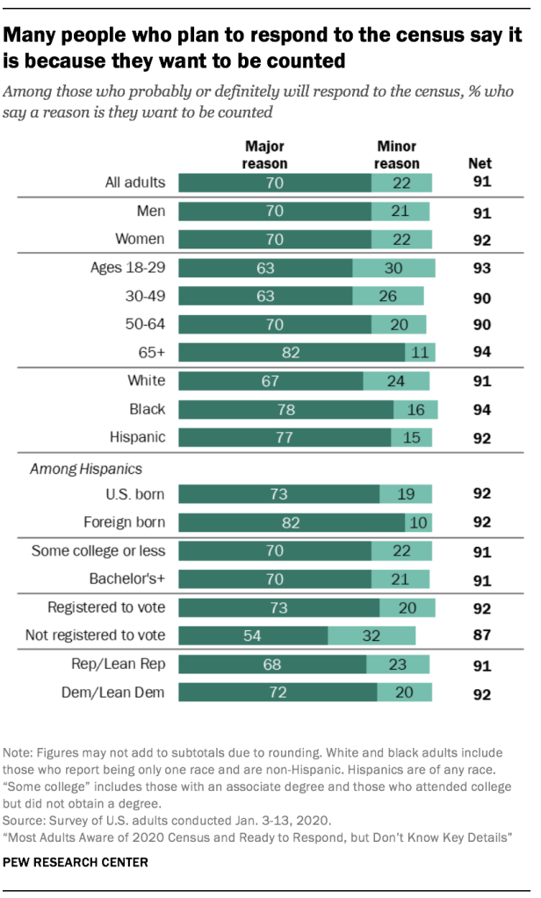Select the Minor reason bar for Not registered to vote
[371, 636]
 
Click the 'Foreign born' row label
[125, 523]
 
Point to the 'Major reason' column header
[265, 154]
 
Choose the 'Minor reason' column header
[396, 154]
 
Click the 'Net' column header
[480, 163]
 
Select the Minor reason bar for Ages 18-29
[393, 269]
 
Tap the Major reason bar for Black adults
[285, 410]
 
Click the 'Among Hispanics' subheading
[74, 469]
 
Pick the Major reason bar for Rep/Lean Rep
[272, 665]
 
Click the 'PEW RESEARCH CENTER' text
[76, 862]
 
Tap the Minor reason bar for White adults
[396, 381]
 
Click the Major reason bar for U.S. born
[278, 494]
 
